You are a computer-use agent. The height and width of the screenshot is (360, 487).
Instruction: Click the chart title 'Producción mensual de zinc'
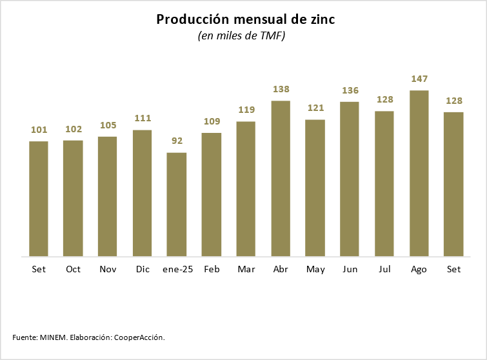(x=245, y=20)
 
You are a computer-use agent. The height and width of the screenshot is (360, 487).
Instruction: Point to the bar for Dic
(x=142, y=193)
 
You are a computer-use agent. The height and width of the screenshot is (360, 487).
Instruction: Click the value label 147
(x=419, y=79)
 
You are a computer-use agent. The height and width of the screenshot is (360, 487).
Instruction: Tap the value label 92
(x=177, y=141)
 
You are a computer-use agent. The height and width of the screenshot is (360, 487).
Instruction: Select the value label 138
(x=281, y=89)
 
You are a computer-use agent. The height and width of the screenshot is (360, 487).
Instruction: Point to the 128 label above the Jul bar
(x=384, y=99)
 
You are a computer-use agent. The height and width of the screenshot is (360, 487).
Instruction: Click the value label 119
(x=246, y=110)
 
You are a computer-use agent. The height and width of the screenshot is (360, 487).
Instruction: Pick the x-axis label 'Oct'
(x=73, y=269)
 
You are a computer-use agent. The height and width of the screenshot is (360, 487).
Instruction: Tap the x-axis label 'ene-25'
(x=177, y=269)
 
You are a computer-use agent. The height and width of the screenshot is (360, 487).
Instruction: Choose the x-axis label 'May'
(x=315, y=269)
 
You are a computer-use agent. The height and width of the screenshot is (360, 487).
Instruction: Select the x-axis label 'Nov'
(x=107, y=269)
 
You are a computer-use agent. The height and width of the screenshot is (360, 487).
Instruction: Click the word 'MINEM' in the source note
(x=54, y=337)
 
